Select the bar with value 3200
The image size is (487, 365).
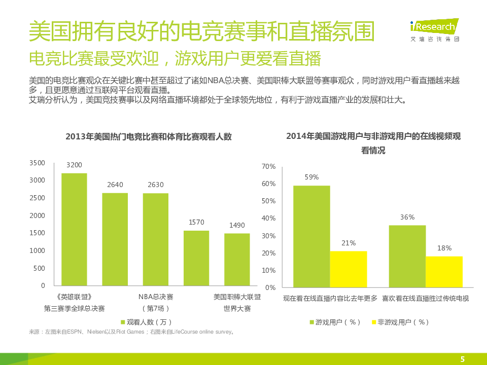(x=74, y=229)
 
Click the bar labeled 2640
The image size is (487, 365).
(x=115, y=239)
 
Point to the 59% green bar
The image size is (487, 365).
(x=311, y=236)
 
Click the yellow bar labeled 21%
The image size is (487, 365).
(x=349, y=269)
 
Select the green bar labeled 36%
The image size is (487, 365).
(x=407, y=256)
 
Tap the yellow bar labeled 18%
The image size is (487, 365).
(x=444, y=271)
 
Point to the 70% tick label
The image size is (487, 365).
(x=268, y=166)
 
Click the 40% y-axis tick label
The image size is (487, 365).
(x=268, y=218)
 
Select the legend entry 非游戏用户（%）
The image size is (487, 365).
(x=400, y=322)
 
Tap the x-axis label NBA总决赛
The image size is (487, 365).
(x=156, y=297)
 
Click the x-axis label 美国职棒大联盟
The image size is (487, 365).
(x=237, y=297)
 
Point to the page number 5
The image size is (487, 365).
(x=462, y=359)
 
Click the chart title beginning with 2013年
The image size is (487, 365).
(x=148, y=136)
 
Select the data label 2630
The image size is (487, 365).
(x=156, y=185)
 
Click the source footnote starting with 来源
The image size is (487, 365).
(x=131, y=332)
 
